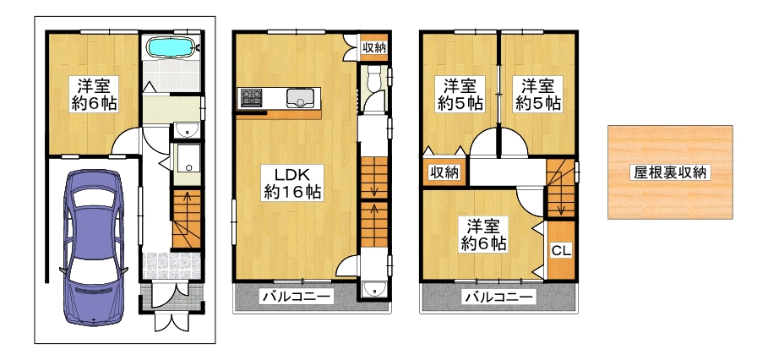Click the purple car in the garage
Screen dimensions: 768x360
(x=94, y=248)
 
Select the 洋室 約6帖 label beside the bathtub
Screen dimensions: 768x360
(x=93, y=94)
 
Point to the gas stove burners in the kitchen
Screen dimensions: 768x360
(x=252, y=97)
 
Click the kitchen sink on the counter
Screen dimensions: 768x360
(x=300, y=98)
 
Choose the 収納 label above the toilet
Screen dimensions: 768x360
(x=374, y=47)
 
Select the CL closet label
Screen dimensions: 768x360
(x=561, y=251)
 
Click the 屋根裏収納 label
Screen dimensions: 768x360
(x=669, y=172)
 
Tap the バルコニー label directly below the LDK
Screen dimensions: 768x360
(x=297, y=296)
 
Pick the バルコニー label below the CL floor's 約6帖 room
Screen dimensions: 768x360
(x=498, y=297)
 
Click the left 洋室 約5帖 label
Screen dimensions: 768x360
(x=460, y=94)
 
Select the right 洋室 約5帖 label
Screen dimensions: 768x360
(x=537, y=94)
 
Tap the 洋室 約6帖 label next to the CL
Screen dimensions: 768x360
(x=483, y=235)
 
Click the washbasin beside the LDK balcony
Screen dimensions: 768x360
(x=374, y=290)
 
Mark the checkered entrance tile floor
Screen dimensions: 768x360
(x=172, y=266)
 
